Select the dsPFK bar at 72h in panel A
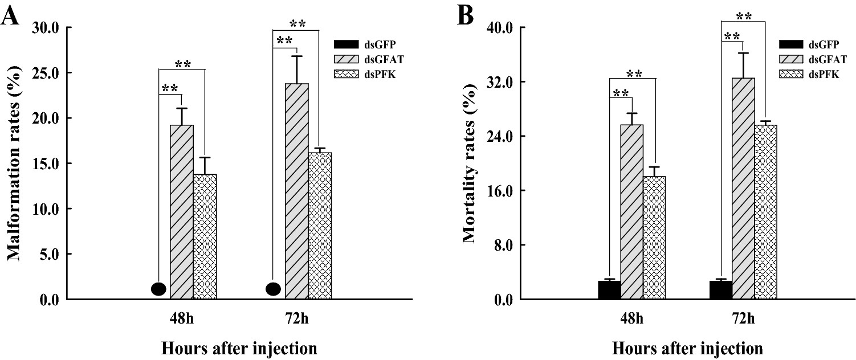pos(320,226)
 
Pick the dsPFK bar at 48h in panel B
pos(654,238)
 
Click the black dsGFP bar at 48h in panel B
pos(609,290)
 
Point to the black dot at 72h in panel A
pos(274,289)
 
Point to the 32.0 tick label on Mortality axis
pos(502,82)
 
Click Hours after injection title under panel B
pos(687,347)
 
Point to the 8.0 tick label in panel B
pos(504,245)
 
